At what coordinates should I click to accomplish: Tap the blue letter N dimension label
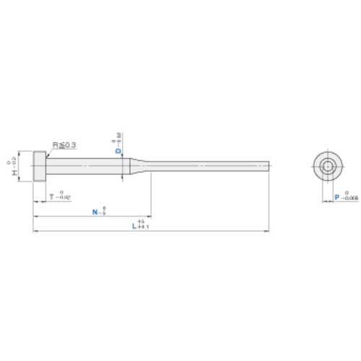(x=95, y=212)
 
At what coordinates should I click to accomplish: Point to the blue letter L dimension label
(x=134, y=226)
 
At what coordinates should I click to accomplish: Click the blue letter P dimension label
(x=337, y=196)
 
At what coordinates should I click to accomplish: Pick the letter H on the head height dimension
(x=14, y=174)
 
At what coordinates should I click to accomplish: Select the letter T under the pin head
(x=52, y=196)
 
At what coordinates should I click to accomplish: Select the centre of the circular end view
(x=327, y=167)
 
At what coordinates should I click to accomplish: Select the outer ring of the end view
(x=316, y=167)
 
